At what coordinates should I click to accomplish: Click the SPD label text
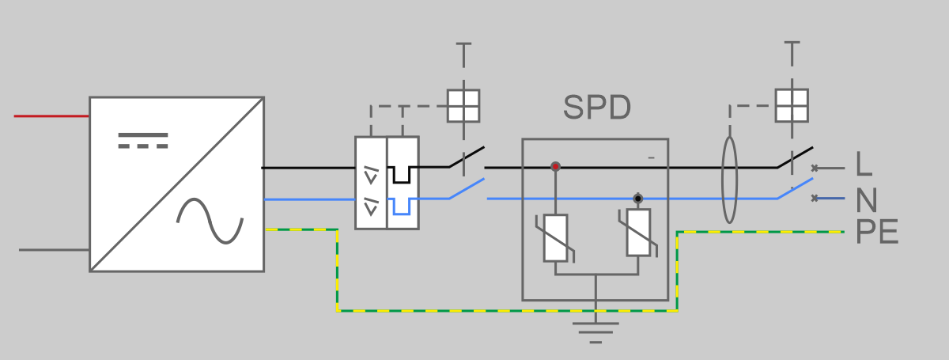pos(597,108)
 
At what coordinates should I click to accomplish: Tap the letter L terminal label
pos(864,164)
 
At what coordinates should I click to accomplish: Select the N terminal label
pos(867,199)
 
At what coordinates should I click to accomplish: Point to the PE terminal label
pos(877,232)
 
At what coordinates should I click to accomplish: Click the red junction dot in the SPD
pos(555,167)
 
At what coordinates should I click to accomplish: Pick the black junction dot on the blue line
pos(638,199)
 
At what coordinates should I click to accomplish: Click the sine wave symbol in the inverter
pos(210,221)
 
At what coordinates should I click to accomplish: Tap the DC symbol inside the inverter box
pos(143,141)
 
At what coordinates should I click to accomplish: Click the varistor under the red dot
pos(555,238)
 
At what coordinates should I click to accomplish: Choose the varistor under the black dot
pos(638,233)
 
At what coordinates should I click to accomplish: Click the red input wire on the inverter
pos(51,116)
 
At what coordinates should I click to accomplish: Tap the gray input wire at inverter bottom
pos(55,250)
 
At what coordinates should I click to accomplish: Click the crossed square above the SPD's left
pos(463,106)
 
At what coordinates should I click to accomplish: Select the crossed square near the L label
pos(792,105)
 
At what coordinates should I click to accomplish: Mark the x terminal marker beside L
pos(815,169)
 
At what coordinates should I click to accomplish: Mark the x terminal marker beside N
pos(815,198)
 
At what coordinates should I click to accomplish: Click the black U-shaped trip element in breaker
pos(402,175)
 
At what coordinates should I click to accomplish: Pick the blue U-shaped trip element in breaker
pos(402,207)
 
